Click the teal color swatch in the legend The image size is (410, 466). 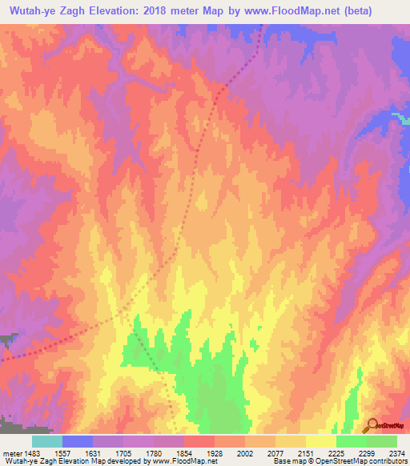pyautogui.click(x=46, y=441)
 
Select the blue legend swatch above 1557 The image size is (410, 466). pyautogui.click(x=77, y=441)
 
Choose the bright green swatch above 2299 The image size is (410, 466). pyautogui.click(x=351, y=441)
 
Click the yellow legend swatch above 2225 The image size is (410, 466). pyautogui.click(x=320, y=441)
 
